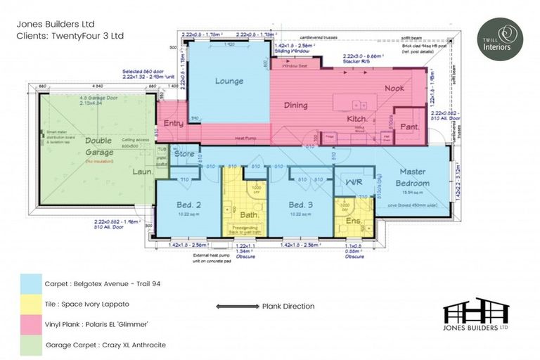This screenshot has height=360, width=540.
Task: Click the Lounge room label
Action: (229, 81)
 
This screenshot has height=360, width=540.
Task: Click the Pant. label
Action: (410, 127)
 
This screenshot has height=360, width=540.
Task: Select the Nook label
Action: (394, 89)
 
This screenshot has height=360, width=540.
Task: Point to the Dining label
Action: (296, 105)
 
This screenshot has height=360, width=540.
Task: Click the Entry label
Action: (173, 124)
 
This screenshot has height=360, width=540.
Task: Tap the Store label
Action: (184, 153)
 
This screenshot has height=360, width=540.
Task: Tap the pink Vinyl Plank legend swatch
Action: (30, 324)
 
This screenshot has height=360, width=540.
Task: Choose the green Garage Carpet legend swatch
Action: (30, 345)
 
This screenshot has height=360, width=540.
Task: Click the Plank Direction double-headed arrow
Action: (236, 307)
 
